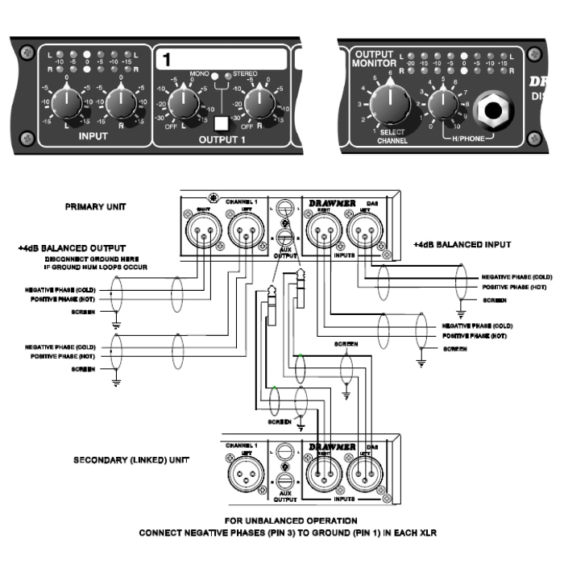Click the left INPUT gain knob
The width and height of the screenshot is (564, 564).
[x=68, y=102]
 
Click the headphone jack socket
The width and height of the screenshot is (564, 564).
[x=492, y=110]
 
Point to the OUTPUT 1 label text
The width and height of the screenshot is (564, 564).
[x=220, y=139]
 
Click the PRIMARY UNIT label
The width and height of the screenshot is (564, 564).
[x=95, y=207]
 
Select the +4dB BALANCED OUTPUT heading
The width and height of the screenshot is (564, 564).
[x=72, y=247]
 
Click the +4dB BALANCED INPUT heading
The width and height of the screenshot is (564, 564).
[x=462, y=244]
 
